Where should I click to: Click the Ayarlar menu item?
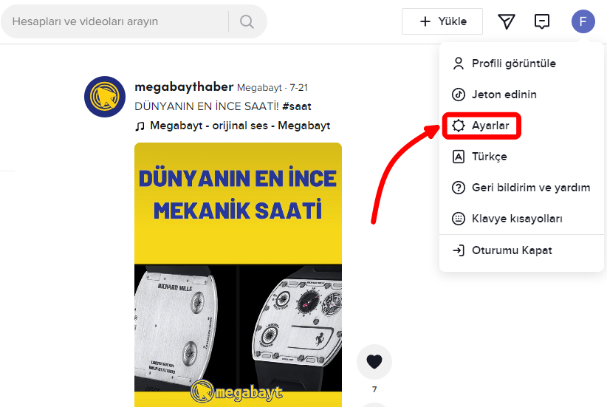[x=490, y=126]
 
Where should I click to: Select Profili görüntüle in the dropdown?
[x=513, y=64]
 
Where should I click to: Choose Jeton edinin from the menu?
[x=504, y=95]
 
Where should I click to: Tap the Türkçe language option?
[x=489, y=157]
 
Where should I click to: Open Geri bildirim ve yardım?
[x=530, y=188]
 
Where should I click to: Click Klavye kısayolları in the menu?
[x=517, y=219]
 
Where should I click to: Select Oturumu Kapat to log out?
[x=511, y=250]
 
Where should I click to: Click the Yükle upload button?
[x=442, y=21]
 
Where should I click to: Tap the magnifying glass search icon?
[x=247, y=21]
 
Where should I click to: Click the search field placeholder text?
[x=85, y=21]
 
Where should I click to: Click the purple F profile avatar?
[x=583, y=21]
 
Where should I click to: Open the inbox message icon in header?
[x=542, y=21]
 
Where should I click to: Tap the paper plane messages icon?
[x=506, y=21]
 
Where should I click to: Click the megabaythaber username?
[x=183, y=87]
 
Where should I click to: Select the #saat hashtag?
[x=297, y=106]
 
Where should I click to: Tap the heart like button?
[x=374, y=361]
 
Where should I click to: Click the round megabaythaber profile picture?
[x=105, y=97]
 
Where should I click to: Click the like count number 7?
[x=374, y=389]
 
